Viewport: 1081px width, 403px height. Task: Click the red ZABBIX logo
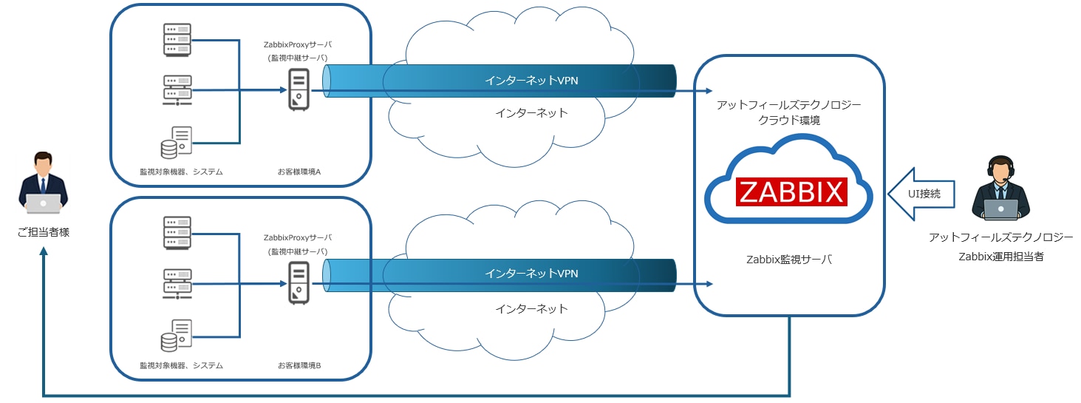pos(791,192)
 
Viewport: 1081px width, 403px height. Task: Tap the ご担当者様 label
pos(43,232)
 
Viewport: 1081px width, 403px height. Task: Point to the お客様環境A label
pos(299,172)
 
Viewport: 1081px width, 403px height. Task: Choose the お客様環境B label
pos(299,365)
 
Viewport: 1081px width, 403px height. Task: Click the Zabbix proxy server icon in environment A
pos(299,90)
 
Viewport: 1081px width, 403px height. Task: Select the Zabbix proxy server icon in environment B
pos(299,284)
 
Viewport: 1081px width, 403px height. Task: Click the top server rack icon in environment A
pos(177,39)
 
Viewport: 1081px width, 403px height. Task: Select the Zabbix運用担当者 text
pos(1000,257)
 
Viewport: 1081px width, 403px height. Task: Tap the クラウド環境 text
pos(789,120)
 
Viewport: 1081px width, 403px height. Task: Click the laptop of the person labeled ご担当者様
pos(43,202)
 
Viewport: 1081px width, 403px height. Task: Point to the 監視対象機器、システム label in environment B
pos(181,365)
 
